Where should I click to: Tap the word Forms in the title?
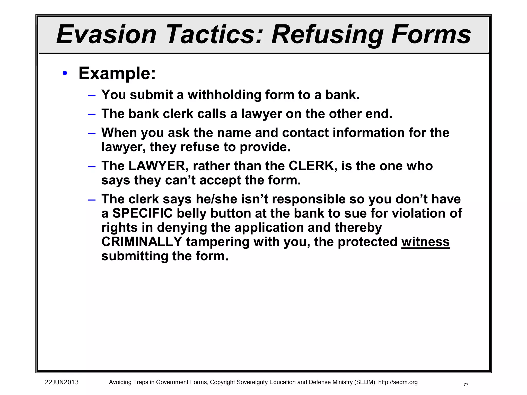point(431,34)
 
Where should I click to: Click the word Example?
point(117,74)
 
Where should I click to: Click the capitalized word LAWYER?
point(157,166)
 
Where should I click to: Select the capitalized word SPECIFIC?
point(142,213)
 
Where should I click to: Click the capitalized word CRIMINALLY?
point(142,242)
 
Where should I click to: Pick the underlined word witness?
point(425,242)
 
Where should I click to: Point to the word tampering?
point(218,242)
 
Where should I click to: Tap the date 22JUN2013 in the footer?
point(62,382)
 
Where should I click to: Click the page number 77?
point(466,385)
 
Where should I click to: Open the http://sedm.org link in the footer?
point(398,382)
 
